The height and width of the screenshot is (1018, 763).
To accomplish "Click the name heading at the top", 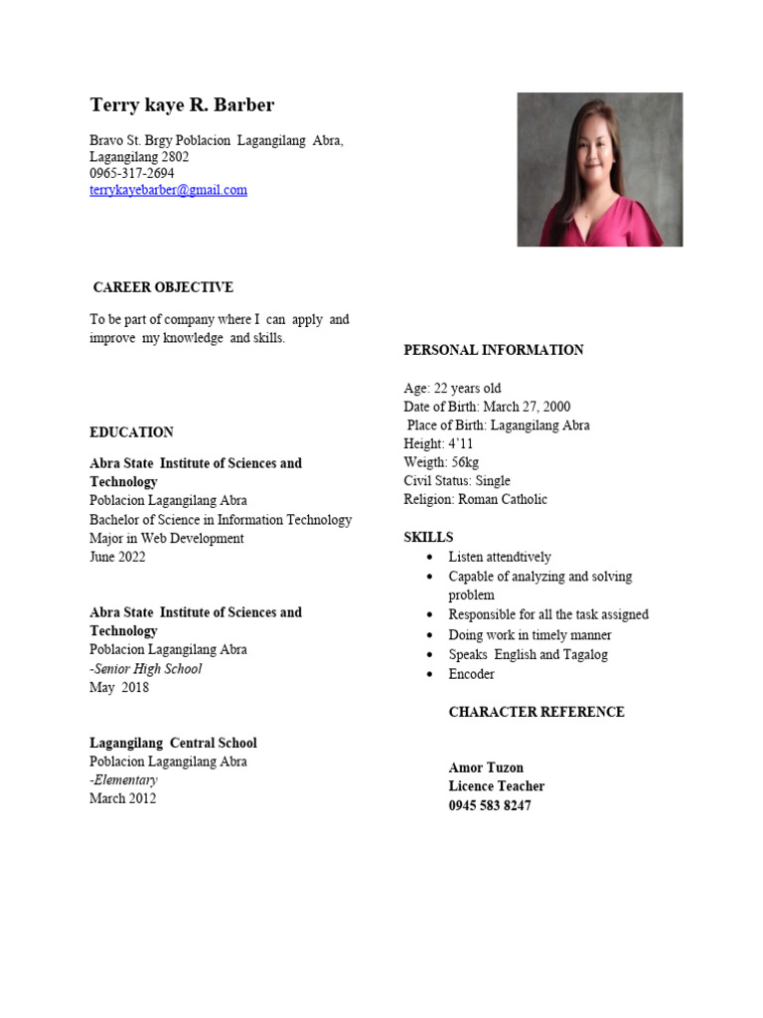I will [182, 105].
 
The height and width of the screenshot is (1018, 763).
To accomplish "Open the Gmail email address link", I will [168, 190].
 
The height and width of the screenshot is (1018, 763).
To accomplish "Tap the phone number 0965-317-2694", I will [131, 173].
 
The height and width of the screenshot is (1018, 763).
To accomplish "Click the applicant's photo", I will [599, 169].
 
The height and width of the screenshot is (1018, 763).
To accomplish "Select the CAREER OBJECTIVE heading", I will [163, 287].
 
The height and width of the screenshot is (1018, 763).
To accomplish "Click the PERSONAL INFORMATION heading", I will [493, 350].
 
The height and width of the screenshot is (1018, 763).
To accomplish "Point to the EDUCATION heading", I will [131, 432].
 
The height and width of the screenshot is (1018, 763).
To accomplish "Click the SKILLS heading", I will [428, 537].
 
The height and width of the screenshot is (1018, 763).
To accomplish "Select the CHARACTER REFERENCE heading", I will [536, 712].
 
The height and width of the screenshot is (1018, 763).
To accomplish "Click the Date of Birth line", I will [487, 407].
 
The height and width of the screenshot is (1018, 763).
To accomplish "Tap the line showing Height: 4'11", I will [438, 443].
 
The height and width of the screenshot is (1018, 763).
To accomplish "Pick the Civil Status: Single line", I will [456, 481].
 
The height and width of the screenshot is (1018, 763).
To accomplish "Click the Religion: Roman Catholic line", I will [475, 499].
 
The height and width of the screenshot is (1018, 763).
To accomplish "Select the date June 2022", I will [117, 557].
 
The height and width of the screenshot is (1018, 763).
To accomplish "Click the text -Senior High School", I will [145, 668].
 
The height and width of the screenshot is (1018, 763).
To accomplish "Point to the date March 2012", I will [122, 798].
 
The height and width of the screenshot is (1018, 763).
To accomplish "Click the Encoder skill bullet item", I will [471, 674].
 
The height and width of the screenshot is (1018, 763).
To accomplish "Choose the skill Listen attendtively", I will [499, 557].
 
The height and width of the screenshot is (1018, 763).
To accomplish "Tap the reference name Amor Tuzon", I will [486, 767].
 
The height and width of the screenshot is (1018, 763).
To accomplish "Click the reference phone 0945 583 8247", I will [490, 805].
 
